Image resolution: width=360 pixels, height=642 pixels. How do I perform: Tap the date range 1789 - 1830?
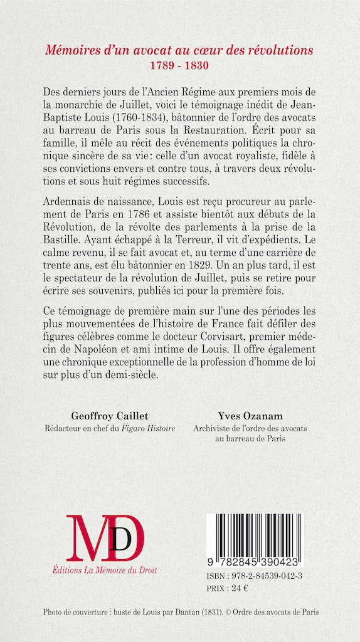179,65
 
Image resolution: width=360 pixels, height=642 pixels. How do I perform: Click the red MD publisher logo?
106,538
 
